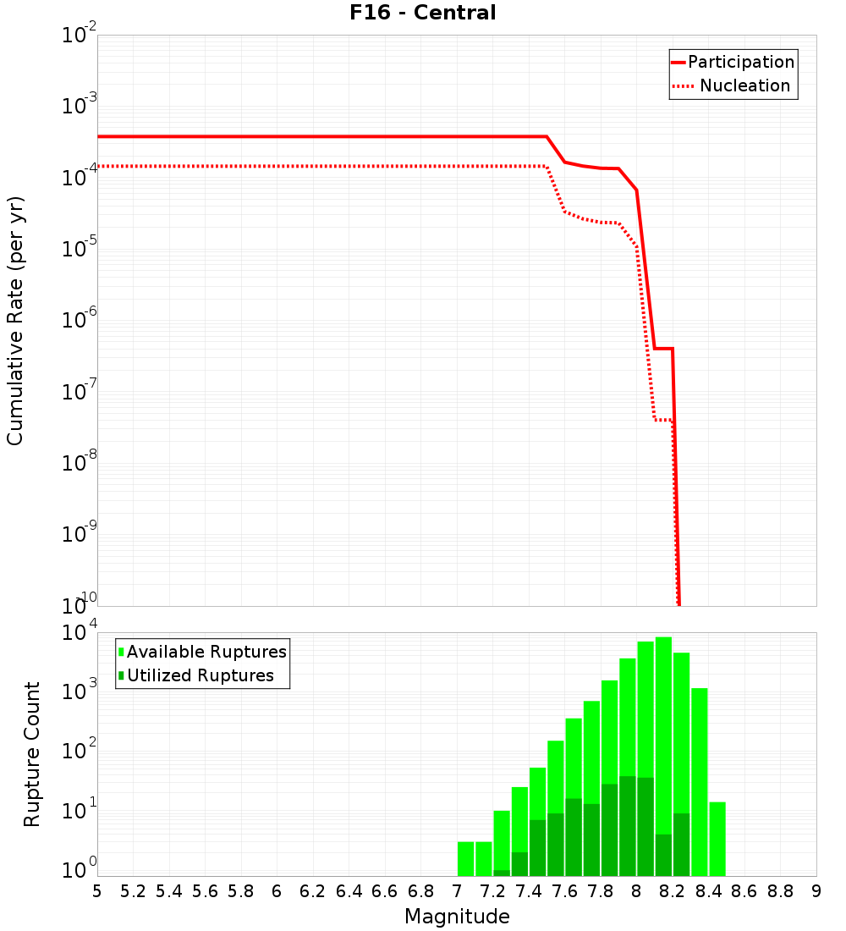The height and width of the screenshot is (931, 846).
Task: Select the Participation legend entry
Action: click(740, 63)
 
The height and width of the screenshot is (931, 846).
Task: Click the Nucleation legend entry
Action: click(744, 86)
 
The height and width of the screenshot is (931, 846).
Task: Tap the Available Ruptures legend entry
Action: click(206, 653)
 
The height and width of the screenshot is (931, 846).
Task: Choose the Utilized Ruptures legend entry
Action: click(200, 676)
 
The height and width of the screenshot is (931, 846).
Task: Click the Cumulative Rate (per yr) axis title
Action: click(15, 320)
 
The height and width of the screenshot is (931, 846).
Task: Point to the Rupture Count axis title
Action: click(32, 753)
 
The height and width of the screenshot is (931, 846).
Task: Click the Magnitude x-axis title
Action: click(457, 917)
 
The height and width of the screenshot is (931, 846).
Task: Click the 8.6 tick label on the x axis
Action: click(744, 891)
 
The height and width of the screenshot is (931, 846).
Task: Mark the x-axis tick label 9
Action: click(816, 891)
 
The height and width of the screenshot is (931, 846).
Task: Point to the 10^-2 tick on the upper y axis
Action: click(80, 36)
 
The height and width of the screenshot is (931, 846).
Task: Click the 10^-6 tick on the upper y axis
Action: click(80, 321)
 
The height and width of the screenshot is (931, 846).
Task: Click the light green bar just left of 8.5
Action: click(717, 838)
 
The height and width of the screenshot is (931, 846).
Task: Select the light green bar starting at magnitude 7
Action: click(465, 858)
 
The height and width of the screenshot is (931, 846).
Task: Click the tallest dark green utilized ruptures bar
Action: click(627, 825)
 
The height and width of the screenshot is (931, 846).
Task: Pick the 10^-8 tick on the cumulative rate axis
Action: click(80, 463)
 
